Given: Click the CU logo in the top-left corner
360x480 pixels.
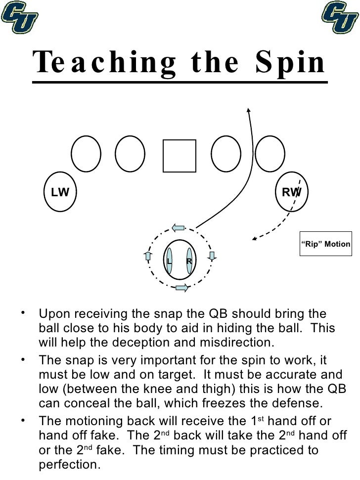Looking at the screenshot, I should click(20, 18).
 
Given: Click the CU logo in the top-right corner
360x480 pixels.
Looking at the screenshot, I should click(340, 18).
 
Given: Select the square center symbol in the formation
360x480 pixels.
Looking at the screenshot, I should click(180, 156).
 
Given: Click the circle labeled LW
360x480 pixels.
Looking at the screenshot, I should click(60, 192).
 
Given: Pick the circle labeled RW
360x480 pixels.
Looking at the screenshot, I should click(292, 192).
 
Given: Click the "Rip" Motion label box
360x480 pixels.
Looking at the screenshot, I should click(326, 244).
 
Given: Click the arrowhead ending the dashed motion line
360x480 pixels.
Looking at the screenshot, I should click(254, 239).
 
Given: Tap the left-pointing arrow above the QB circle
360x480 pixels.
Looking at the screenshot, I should click(179, 228).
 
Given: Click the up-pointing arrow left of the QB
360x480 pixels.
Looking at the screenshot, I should click(148, 256).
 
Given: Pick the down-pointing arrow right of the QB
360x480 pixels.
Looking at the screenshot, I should click(212, 256).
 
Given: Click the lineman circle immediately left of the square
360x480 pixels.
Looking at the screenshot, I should click(130, 154).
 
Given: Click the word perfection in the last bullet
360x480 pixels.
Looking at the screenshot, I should click(69, 465).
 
